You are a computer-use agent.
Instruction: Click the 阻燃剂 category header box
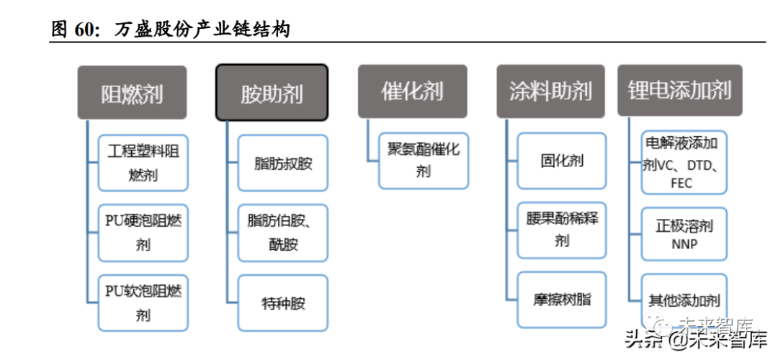coord(132,92)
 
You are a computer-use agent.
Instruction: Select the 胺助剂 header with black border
coord(272,92)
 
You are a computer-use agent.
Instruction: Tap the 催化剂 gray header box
coord(412,91)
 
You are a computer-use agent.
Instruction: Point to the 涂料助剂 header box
coord(551,91)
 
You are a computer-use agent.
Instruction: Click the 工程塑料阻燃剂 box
coord(143,163)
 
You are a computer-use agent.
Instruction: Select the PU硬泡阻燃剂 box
coord(143,233)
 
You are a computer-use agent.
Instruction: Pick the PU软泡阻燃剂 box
coord(143,302)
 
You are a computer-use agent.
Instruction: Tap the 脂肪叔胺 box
coord(283,163)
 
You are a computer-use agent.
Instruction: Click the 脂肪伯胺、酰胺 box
coord(283,233)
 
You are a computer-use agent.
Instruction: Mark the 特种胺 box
coord(283,302)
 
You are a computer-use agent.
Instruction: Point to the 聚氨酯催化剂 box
coord(424,161)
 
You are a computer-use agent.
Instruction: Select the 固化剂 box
coord(562,161)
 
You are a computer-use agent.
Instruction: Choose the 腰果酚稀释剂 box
coord(562,230)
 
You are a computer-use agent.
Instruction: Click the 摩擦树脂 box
coord(562,300)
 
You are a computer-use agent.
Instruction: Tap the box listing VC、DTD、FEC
coord(684,162)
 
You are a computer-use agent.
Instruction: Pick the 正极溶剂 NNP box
coord(684,235)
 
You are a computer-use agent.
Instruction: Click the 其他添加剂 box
coord(684,300)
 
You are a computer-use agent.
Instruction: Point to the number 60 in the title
coord(85,30)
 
